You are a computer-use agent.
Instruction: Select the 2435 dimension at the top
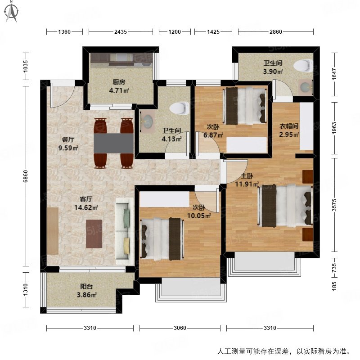(x=120, y=32)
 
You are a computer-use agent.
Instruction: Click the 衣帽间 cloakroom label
(x=288, y=127)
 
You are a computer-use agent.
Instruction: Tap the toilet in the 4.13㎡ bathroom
(x=180, y=108)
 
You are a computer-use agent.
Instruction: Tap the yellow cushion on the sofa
(x=126, y=245)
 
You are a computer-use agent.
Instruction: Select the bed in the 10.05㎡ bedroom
(x=162, y=238)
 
